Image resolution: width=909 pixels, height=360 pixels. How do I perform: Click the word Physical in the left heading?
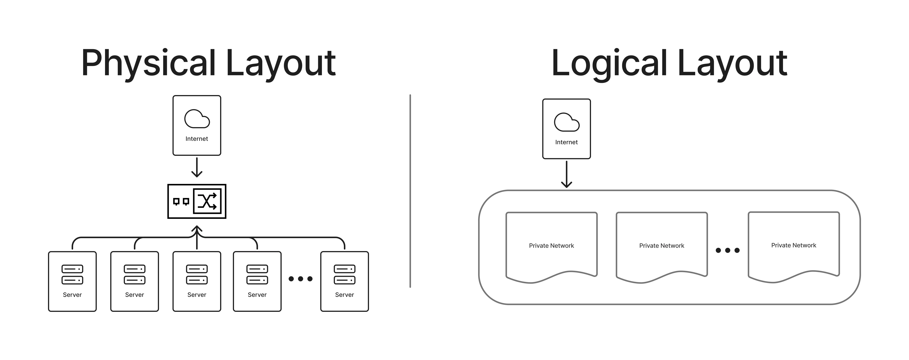(x=148, y=64)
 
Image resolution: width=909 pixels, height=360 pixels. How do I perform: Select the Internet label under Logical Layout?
(x=566, y=142)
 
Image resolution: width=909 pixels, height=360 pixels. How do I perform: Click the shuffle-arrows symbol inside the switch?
(x=207, y=201)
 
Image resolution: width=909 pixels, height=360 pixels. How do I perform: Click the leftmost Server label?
(x=72, y=295)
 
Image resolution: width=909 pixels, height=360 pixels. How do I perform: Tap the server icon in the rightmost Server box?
(x=344, y=274)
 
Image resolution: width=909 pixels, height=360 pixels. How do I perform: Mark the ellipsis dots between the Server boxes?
(x=301, y=279)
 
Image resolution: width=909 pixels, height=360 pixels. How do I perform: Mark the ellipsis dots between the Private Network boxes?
(x=728, y=250)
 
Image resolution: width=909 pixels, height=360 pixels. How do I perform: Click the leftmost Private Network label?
(x=552, y=246)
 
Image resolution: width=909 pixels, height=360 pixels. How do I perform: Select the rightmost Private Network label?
(x=794, y=245)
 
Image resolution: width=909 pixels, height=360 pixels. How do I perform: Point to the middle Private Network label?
(x=662, y=246)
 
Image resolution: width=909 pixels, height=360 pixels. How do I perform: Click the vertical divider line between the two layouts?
(x=410, y=190)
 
